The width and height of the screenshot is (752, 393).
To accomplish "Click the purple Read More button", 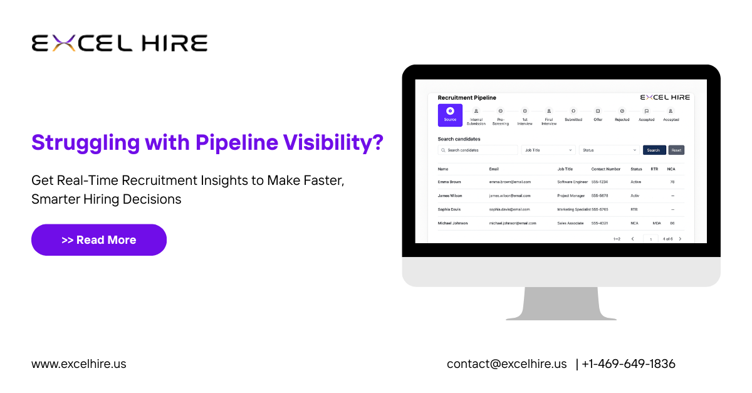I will tap(99, 240).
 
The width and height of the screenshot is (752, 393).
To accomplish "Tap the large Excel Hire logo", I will tap(119, 43).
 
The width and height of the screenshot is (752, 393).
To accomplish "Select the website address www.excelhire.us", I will tap(79, 364).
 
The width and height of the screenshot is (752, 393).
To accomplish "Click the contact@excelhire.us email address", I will tap(506, 364).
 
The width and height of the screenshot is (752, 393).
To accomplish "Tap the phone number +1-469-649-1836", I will tap(629, 364).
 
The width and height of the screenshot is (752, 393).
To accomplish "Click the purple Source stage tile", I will tap(450, 115).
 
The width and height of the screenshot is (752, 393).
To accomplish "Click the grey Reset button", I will tap(676, 150).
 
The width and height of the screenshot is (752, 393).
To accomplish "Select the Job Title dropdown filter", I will tap(548, 150).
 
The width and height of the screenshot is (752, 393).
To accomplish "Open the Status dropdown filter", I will tap(609, 150).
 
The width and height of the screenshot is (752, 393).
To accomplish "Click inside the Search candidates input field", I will tap(478, 150).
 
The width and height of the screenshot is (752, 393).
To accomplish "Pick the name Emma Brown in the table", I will tap(449, 182).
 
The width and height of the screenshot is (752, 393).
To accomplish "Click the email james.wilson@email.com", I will tap(510, 196).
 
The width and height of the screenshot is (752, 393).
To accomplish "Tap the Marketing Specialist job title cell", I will tap(573, 209).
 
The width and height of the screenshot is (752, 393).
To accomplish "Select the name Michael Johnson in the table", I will tap(452, 223).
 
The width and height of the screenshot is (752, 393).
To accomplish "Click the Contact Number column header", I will tap(606, 169).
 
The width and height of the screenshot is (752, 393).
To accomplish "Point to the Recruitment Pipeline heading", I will tap(467, 98).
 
